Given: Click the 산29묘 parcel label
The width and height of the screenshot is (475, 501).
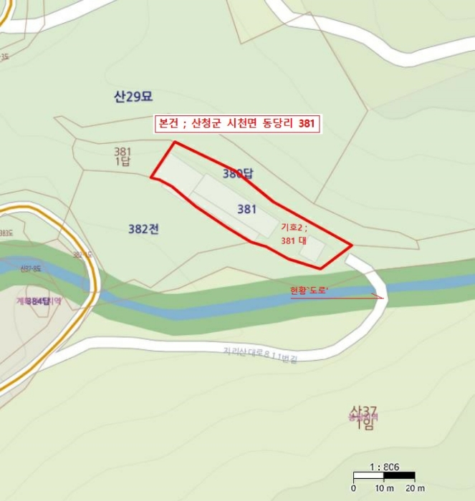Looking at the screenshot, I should pos(134,97).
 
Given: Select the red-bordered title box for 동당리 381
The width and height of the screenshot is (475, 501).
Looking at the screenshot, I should pos(237,123).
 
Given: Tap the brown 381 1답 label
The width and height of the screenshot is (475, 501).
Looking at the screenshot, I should pos(123,156).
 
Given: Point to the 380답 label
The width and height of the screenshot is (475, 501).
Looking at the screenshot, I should pos(239,173).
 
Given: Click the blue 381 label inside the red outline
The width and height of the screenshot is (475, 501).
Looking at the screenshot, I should pos(246,209).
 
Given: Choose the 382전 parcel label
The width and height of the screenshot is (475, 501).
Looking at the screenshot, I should pos(143,229).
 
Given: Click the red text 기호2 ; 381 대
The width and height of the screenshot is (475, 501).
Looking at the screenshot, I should pos(294,233).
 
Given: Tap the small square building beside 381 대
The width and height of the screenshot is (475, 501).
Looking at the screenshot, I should pos(312,250).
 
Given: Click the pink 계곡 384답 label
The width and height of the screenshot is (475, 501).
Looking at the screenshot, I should pos(38,301).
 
